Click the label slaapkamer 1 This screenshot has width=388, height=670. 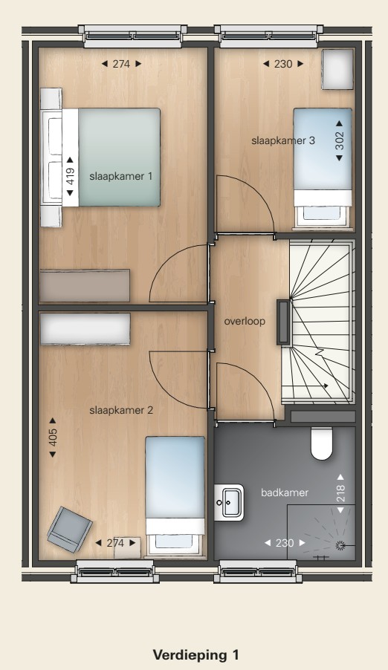[120, 176]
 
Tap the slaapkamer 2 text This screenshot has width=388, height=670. [121, 410]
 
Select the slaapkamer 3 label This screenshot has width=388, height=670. [283, 140]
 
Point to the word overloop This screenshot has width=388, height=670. [245, 321]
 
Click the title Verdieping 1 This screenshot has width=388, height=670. [195, 655]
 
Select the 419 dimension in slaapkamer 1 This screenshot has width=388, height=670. [70, 176]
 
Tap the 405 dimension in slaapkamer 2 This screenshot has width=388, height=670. [53, 438]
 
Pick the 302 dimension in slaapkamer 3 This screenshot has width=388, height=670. [339, 140]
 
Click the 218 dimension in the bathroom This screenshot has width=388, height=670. [340, 493]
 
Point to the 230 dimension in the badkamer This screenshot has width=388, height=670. [285, 543]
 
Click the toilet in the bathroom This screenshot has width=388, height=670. [322, 443]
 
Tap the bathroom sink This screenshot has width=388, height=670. [229, 502]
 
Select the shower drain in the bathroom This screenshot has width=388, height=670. [341, 544]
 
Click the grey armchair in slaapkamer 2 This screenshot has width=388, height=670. [70, 529]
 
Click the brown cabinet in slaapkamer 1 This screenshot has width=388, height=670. [85, 286]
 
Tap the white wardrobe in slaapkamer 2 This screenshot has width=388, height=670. [85, 328]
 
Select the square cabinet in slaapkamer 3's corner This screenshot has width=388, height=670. [337, 69]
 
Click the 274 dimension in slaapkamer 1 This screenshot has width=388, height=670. [121, 64]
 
